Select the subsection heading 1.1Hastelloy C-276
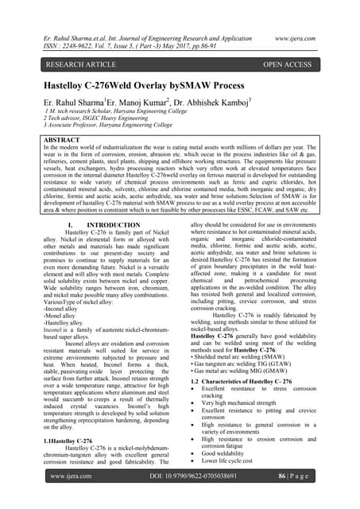coord(67,440)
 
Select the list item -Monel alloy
coord(64,301)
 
